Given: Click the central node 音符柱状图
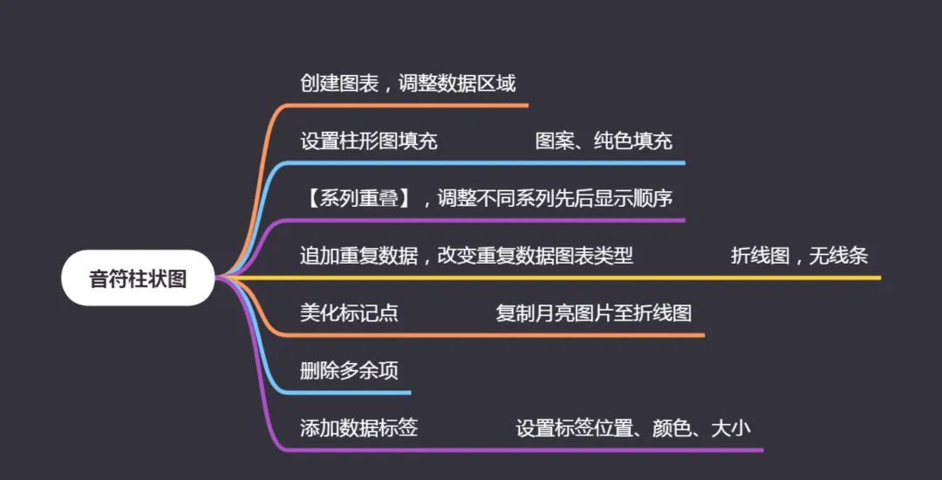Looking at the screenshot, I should (138, 278).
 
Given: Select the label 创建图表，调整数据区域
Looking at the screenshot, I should (407, 84).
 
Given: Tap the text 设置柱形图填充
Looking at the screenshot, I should (368, 141).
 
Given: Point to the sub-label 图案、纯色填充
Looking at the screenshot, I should (604, 141).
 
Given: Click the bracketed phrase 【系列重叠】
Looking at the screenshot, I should (358, 199).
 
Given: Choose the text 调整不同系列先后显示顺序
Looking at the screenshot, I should (555, 199).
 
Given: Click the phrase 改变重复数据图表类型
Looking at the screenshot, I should (534, 257).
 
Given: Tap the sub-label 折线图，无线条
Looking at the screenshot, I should (799, 257).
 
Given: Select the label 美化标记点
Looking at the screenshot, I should (349, 313).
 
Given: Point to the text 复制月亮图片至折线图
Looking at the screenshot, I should (593, 313).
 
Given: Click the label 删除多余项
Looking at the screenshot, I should (349, 371).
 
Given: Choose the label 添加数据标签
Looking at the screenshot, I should (358, 429).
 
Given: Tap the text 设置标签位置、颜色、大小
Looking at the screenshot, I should (633, 429).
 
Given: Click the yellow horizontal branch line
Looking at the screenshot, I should (611, 278).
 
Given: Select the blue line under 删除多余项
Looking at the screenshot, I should (349, 393).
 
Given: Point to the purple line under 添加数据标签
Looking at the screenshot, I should (523, 450).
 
